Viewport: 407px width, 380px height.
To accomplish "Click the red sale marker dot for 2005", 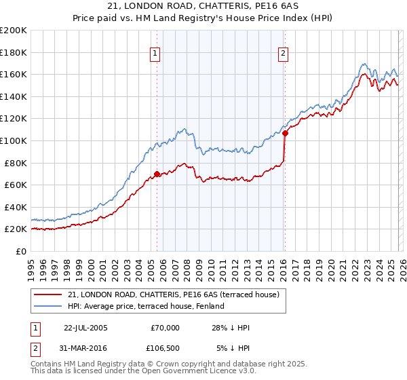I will (157, 174).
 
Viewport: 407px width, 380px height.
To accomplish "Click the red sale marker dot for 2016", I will (285, 133).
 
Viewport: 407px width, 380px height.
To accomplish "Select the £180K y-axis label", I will (14, 52).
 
